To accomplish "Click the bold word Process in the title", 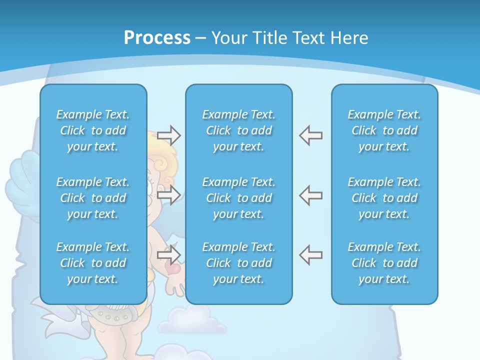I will point(157,38).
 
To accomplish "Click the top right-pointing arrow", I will point(168,135).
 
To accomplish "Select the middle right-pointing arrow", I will point(168,195).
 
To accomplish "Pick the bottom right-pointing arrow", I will point(168,255).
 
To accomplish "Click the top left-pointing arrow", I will point(310,135).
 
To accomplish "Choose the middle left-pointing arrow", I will point(310,195).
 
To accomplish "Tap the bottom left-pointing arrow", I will point(310,255).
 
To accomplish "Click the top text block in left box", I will point(93,130).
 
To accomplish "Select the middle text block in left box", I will point(93,198).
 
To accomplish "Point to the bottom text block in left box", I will point(93,263).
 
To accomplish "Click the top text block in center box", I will point(239,130).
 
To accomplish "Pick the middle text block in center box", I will point(239,198).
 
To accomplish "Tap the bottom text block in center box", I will point(239,263).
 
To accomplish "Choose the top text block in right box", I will point(384,130).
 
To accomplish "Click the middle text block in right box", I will point(384,198).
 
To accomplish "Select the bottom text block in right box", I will point(384,263).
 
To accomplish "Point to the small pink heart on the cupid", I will point(173,268).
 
